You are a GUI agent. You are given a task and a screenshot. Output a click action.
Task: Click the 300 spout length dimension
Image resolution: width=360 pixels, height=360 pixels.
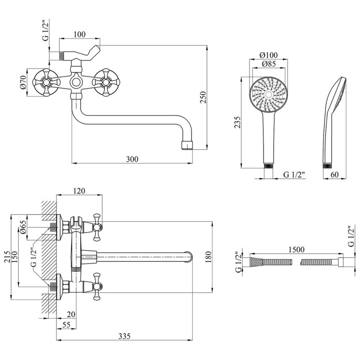coord(132,159)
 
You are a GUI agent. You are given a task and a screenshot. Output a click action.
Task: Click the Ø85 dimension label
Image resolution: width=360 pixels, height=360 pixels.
coord(269,64)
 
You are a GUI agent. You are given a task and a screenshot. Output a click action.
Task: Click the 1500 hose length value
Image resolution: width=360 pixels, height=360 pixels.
coord(296,249)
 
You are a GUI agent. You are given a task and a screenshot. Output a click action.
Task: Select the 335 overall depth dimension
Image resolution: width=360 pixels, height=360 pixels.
coord(125,336)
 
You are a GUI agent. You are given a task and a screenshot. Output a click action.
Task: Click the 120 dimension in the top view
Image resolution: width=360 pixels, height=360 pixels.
coord(79,191)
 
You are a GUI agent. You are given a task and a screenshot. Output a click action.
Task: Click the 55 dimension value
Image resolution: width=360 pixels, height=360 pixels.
coord(66,324)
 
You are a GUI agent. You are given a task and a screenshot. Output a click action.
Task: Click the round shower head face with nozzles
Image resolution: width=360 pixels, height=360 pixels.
coord(269,94)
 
